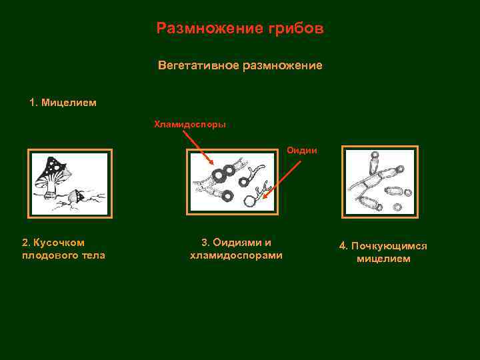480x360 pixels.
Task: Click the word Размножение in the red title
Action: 210,28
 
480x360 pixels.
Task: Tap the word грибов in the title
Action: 296,29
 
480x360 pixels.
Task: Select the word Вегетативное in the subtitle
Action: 199,65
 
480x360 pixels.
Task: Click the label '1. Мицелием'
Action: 63,102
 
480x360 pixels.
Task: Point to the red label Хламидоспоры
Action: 190,124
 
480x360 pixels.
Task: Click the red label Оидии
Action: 302,150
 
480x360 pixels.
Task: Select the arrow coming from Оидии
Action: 282,180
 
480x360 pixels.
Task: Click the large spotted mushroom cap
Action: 51,171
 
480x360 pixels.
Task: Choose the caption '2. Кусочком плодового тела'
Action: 63,249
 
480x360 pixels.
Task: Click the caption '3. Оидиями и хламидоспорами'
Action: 236,249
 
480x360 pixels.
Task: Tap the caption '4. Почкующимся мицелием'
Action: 383,252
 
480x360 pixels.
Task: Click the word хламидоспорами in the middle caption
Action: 236,255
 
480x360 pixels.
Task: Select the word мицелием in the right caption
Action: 383,259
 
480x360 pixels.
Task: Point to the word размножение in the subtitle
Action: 283,66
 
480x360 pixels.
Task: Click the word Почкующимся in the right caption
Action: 389,246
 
